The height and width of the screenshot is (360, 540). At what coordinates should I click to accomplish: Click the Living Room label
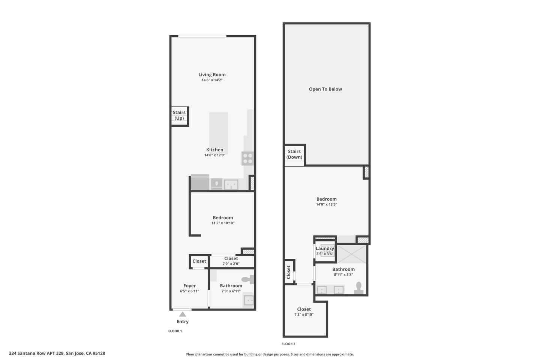(x=212, y=75)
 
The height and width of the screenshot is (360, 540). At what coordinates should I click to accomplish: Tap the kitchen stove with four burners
(x=247, y=158)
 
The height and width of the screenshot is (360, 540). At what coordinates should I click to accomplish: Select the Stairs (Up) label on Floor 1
(x=179, y=115)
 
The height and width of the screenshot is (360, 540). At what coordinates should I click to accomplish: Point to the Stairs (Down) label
(x=294, y=154)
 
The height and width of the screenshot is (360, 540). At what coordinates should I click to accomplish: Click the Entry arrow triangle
(x=183, y=314)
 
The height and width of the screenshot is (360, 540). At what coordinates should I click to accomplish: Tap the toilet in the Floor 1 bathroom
(x=247, y=279)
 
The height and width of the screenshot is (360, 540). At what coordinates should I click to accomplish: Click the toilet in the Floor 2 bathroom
(x=359, y=288)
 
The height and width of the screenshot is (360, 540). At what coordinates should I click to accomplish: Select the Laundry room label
(x=325, y=249)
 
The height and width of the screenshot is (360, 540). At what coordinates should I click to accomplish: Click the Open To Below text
(x=325, y=89)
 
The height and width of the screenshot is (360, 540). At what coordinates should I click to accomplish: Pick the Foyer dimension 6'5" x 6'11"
(x=189, y=291)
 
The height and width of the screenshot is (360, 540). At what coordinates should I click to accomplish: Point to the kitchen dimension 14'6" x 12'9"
(x=214, y=155)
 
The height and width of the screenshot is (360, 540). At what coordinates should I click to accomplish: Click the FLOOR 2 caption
(x=288, y=344)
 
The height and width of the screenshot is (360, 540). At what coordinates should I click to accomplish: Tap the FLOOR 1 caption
(x=175, y=331)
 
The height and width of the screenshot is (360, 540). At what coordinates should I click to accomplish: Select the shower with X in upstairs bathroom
(x=351, y=254)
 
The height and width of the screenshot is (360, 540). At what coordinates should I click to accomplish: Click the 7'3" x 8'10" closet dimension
(x=304, y=314)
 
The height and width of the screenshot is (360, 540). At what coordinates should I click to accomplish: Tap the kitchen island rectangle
(x=219, y=133)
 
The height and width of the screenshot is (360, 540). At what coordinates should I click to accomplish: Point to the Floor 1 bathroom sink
(x=249, y=300)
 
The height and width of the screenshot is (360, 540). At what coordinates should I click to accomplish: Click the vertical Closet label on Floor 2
(x=288, y=272)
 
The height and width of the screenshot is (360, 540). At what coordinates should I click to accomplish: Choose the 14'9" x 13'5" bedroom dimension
(x=326, y=204)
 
